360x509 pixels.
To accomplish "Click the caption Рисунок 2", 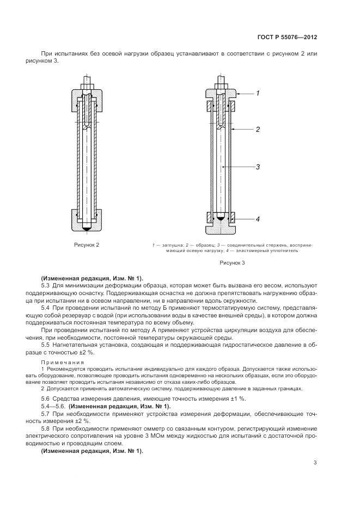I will (x=87, y=245).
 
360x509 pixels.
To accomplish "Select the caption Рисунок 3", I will (x=233, y=262).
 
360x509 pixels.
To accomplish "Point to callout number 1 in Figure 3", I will (x=258, y=94).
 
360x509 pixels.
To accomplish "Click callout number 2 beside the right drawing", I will (x=258, y=130).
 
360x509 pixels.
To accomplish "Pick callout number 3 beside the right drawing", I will (x=258, y=167).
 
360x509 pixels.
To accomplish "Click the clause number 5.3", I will (x=46, y=285).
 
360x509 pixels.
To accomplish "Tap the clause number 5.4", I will (x=46, y=308).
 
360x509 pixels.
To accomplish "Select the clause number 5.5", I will (x=46, y=346).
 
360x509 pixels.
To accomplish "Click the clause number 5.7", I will (x=46, y=414).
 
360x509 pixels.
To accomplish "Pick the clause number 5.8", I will (x=46, y=429).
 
